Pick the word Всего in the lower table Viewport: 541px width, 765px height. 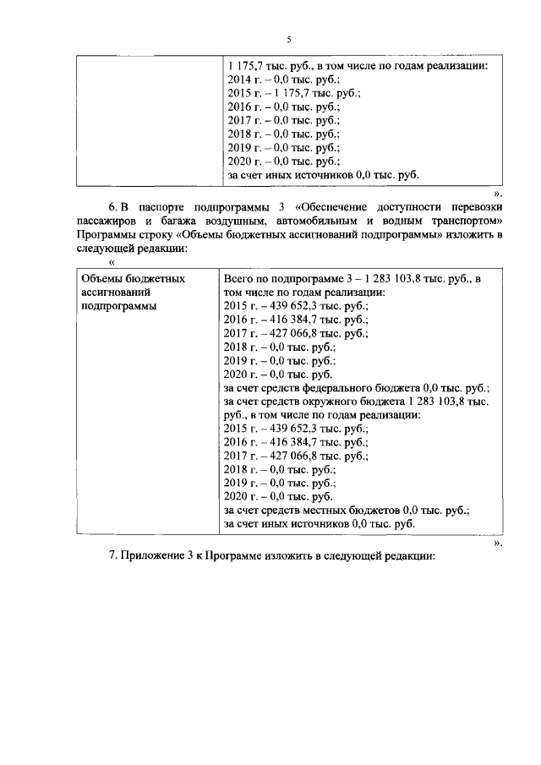241,277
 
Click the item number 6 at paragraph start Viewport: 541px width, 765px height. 112,207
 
